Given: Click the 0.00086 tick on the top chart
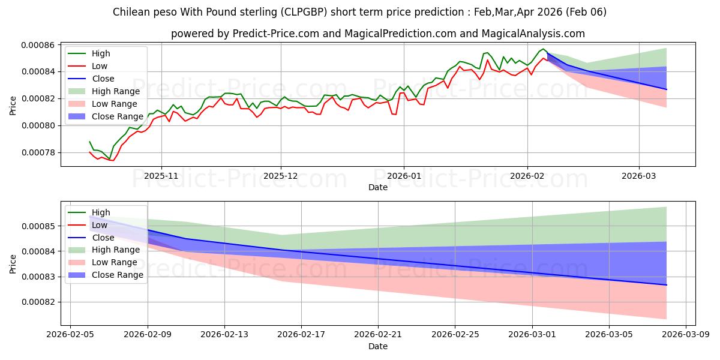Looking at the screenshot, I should (38, 45).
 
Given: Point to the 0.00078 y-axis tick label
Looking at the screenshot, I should (38, 152).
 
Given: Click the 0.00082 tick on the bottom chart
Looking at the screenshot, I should (38, 302).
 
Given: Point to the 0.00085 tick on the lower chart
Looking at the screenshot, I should (38, 226).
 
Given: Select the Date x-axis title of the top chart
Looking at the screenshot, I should (378, 188).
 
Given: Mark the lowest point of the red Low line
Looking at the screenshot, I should (112, 160).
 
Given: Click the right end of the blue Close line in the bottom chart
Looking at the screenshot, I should (667, 285).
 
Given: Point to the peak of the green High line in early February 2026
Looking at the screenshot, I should (543, 49).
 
